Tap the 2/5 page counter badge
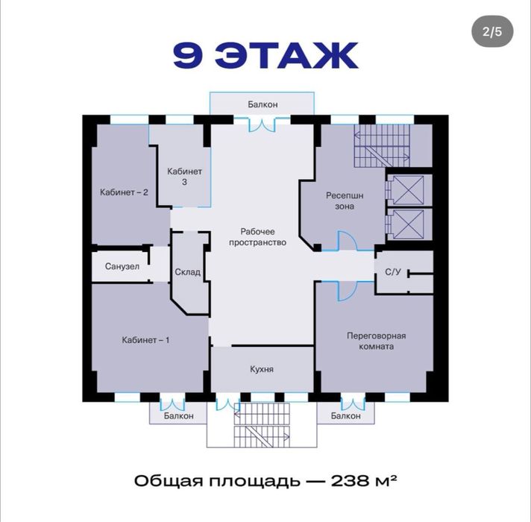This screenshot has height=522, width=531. pos(492,31)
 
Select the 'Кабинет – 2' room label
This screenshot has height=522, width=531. pos(124,192)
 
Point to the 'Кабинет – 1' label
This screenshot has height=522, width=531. pos(145,340)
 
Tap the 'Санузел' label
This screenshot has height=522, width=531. pos(122,267)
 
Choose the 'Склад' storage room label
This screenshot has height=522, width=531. pos(188,272)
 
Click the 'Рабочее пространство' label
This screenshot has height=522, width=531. pos(263,237)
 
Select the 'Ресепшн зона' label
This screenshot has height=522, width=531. pos(345,201)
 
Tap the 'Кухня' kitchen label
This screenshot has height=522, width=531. pos(261,369)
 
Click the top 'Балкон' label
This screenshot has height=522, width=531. pos(263,104)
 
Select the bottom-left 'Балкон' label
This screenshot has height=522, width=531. pos(178,415)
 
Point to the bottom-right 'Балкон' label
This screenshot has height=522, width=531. pos(346,415)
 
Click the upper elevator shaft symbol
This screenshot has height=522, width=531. pos(408,189)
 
